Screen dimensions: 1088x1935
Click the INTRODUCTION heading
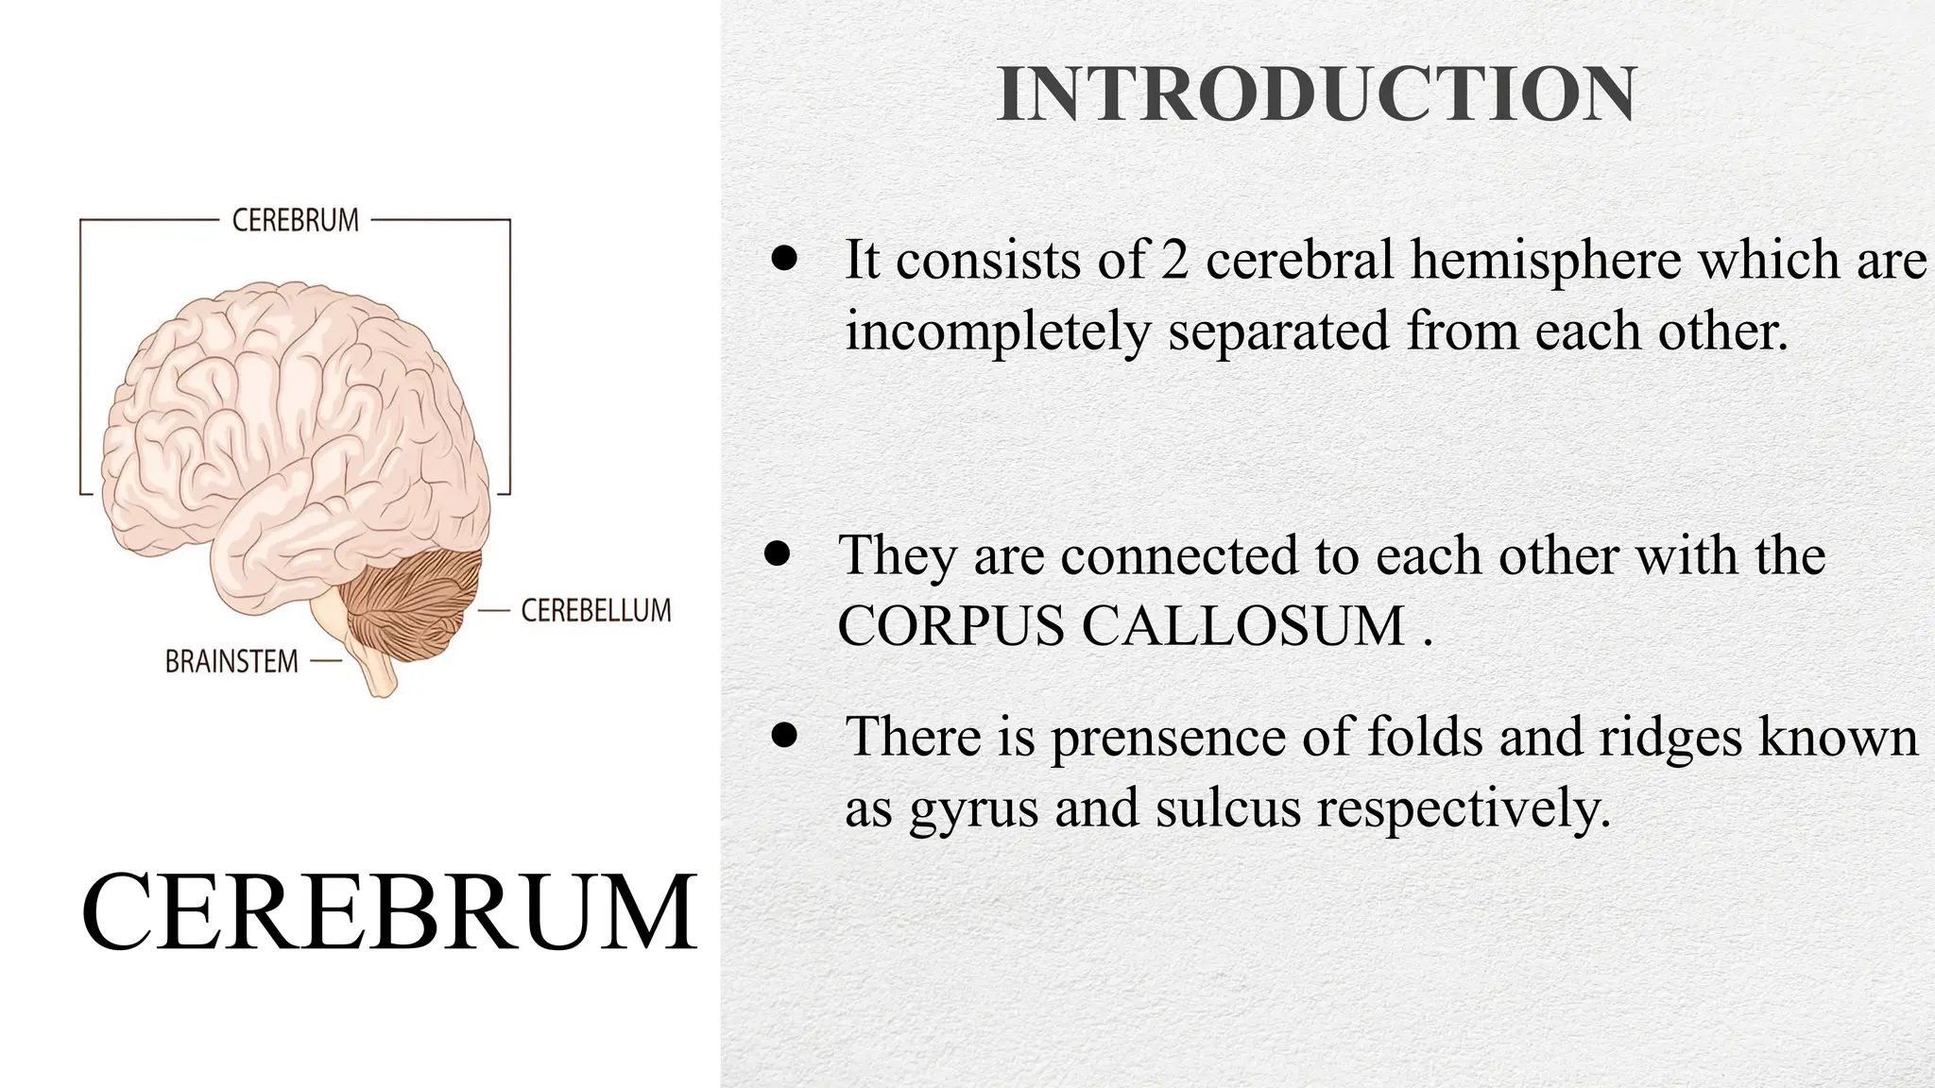pos(1316,94)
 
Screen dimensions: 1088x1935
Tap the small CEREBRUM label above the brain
pos(296,220)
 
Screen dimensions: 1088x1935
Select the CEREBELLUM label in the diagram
pos(596,610)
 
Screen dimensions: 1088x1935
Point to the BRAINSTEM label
pos(231,661)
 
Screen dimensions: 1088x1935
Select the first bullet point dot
pos(784,258)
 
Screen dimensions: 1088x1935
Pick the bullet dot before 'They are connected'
pos(777,554)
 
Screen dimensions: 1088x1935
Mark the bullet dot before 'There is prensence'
pos(784,735)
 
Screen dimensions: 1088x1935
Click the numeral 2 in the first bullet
pos(1173,260)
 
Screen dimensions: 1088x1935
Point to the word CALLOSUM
pos(1243,625)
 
